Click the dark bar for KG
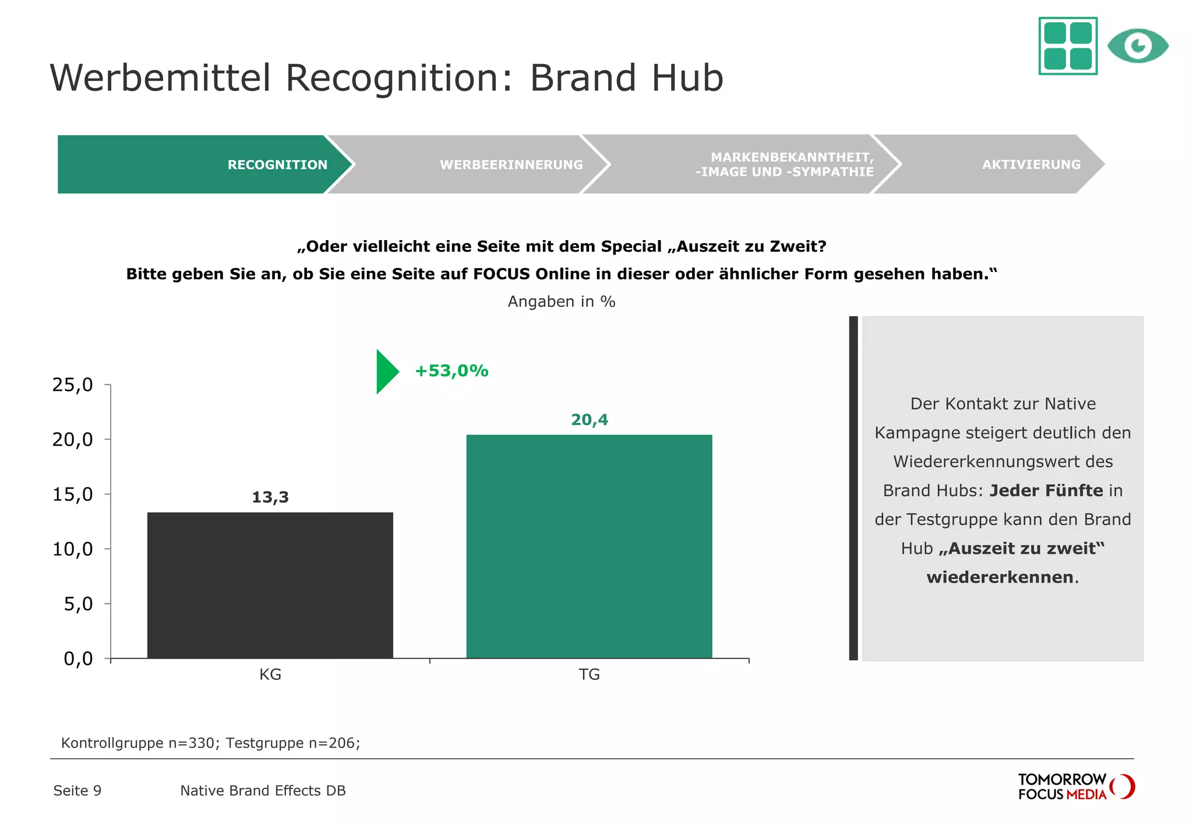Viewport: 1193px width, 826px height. [270, 585]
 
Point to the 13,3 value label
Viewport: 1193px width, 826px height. [270, 497]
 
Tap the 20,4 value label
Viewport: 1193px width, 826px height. [589, 419]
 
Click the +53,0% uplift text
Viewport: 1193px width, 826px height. [451, 370]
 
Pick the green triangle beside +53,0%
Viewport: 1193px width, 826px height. [386, 372]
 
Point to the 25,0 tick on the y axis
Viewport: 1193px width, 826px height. [73, 384]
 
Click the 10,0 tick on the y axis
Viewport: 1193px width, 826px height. [73, 549]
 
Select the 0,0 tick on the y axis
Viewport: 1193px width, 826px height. [78, 658]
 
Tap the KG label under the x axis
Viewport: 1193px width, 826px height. [270, 674]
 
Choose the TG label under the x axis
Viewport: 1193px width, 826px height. [589, 674]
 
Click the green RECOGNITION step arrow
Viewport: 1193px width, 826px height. [204, 164]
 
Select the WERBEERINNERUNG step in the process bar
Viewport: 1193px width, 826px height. [466, 164]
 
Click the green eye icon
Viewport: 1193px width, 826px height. [1137, 45]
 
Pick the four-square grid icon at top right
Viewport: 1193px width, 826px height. [1068, 45]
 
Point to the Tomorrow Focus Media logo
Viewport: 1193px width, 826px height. [1075, 786]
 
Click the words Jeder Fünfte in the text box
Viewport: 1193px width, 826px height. [1046, 490]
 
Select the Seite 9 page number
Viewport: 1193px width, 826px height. [77, 790]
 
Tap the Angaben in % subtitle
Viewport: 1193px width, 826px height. [561, 301]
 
